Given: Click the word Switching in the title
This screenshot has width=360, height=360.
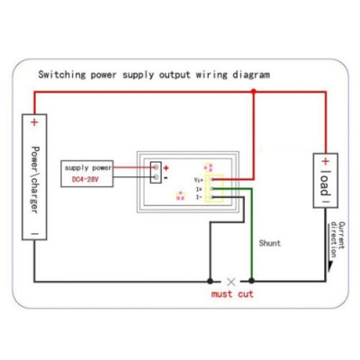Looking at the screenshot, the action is pos(62,74).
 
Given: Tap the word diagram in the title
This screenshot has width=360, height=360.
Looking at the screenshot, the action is pos(251,74).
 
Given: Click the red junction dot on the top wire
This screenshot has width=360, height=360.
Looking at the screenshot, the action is pos(254,91).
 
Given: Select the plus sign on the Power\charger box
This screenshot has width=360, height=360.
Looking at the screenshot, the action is pos(34,122).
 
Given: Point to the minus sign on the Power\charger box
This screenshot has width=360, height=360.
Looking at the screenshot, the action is pos(35,233).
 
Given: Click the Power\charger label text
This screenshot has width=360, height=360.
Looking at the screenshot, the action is pos(35,180).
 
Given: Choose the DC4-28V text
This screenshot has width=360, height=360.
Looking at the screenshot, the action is pos(85,180).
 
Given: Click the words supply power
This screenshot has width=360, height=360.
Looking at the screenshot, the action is pos(88,168).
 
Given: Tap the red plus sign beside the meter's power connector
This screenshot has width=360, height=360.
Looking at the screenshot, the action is pos(166,168).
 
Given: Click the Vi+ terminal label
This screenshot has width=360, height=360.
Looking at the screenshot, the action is pos(199,180).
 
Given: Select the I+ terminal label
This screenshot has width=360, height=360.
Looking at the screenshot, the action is pos(199,189).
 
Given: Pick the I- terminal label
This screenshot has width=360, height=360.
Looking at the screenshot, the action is pos(199,197).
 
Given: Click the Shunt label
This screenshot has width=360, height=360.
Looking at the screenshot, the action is pos(270,243).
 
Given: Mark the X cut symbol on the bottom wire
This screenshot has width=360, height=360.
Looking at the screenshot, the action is pos(231,282).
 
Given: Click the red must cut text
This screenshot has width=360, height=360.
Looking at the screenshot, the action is pos(232,293).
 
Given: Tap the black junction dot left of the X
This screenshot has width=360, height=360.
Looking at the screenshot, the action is pos(210,281).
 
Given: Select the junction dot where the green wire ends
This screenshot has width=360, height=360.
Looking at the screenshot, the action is pos(251,281).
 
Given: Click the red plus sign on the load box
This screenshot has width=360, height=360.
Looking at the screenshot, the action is pos(326,161).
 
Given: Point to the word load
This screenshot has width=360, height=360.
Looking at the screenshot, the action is pos(325,184).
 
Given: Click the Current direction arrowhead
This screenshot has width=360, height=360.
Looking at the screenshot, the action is pos(330,266).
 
